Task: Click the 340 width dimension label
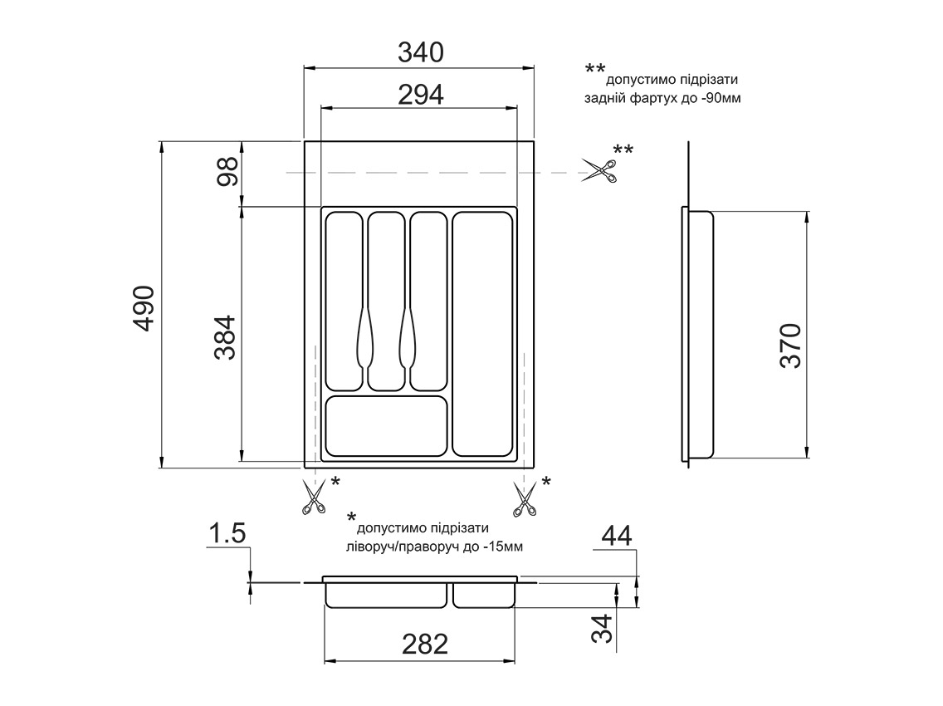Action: [x=420, y=53]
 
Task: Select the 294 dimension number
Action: [x=420, y=95]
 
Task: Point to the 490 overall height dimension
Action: [x=144, y=308]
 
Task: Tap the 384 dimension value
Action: [x=226, y=337]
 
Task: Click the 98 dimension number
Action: [x=228, y=172]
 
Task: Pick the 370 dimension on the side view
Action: [x=790, y=346]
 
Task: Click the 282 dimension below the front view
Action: [x=424, y=644]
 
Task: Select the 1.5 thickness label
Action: [x=227, y=533]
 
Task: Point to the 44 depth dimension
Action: [x=616, y=536]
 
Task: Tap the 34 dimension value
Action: [x=602, y=629]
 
